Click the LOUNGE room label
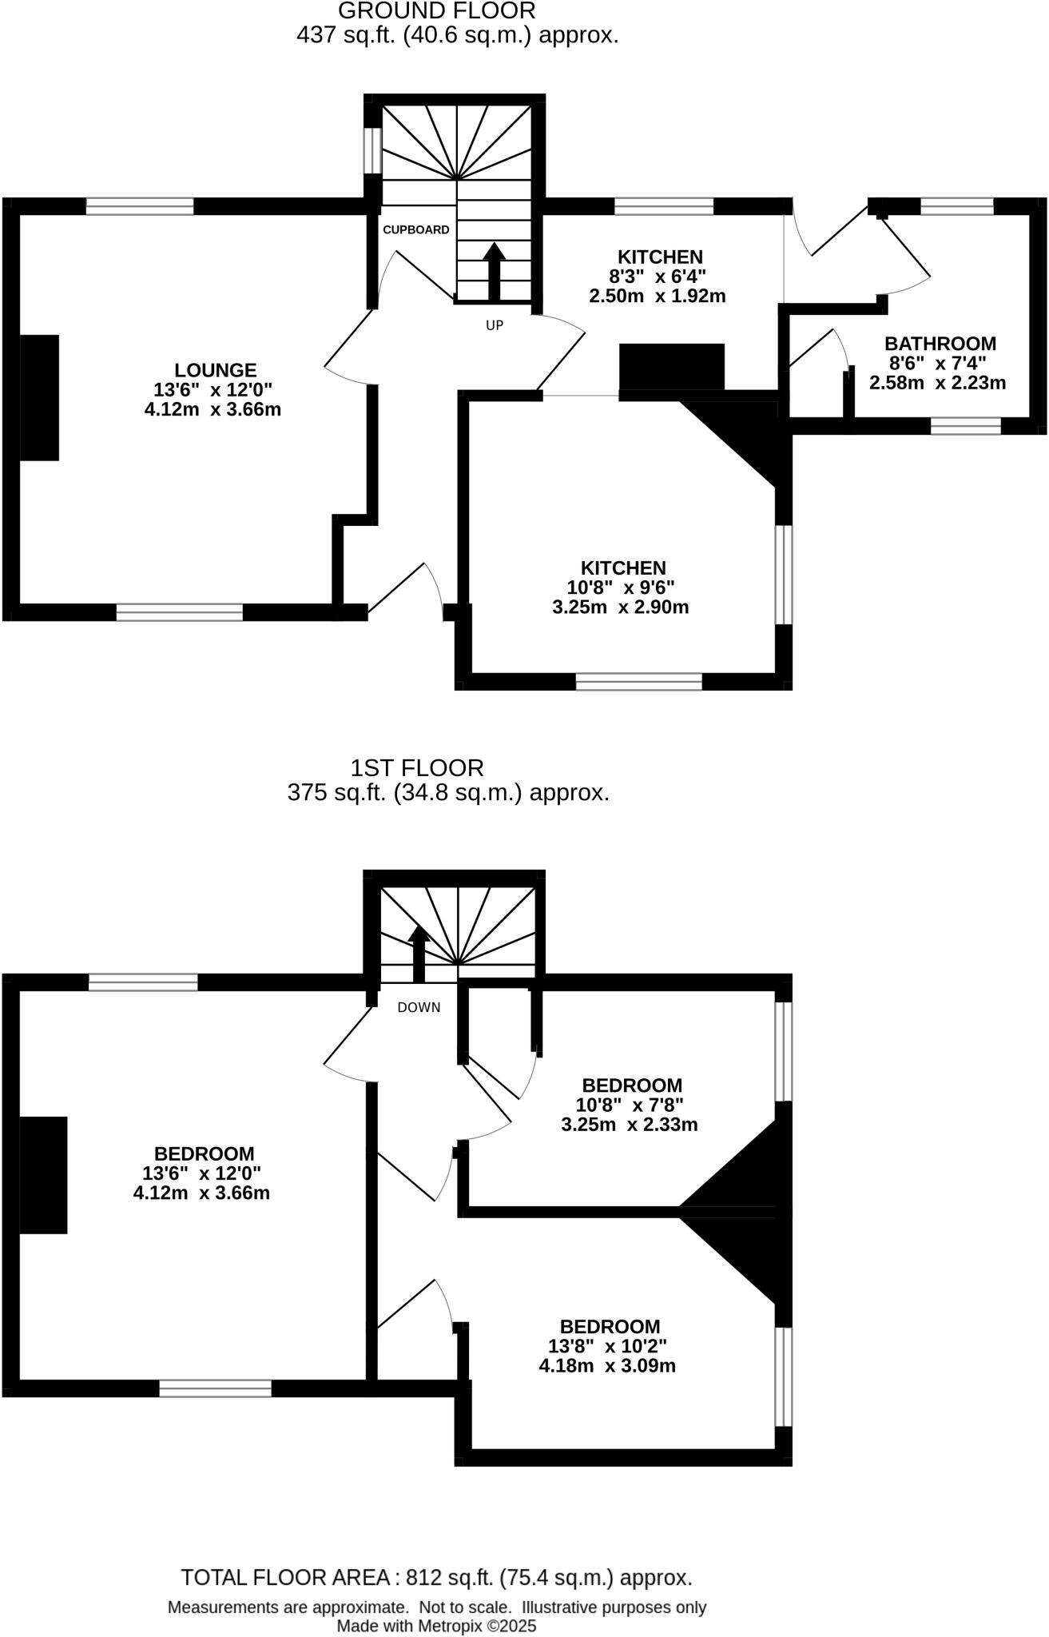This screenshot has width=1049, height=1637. click(x=216, y=370)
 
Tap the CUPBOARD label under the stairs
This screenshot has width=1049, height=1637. click(x=415, y=230)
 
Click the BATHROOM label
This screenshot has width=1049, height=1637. click(x=940, y=344)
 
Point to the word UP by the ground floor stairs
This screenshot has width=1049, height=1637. click(x=495, y=325)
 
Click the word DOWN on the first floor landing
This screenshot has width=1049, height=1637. click(x=419, y=1007)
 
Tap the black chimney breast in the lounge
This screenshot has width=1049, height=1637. click(x=39, y=397)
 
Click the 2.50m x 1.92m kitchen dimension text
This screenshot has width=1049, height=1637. click(x=657, y=297)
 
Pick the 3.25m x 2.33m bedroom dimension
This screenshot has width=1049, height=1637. click(x=630, y=1125)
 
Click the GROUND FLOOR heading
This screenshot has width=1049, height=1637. click(x=436, y=11)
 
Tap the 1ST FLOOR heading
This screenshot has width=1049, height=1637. click(x=417, y=768)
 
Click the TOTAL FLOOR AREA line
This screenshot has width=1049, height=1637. click(x=436, y=1577)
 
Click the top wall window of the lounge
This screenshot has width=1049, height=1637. click(x=140, y=206)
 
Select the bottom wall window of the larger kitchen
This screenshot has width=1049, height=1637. click(x=639, y=682)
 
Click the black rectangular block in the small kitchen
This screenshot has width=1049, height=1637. click(x=672, y=366)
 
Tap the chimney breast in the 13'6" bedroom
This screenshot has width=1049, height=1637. click(x=43, y=1175)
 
